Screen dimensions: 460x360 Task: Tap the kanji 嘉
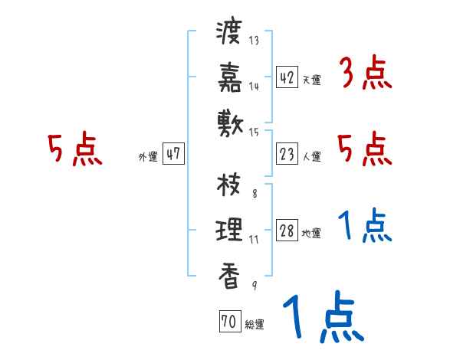pyautogui.click(x=230, y=77)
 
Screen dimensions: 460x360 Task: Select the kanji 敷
pyautogui.click(x=230, y=120)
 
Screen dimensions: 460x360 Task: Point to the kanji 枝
pyautogui.click(x=230, y=186)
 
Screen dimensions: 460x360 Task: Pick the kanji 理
pyautogui.click(x=230, y=229)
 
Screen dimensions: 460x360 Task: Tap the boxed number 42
pyautogui.click(x=287, y=77)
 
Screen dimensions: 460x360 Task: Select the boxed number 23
pyautogui.click(x=287, y=154)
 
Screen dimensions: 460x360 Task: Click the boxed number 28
pyautogui.click(x=287, y=231)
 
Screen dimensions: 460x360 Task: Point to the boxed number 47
pyautogui.click(x=172, y=154)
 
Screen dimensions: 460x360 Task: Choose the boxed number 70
pyautogui.click(x=228, y=322)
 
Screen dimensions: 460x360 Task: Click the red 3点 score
pyautogui.click(x=365, y=74)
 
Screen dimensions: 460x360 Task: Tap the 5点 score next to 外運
pyautogui.click(x=74, y=149)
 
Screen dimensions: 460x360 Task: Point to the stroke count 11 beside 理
pyautogui.click(x=254, y=238)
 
